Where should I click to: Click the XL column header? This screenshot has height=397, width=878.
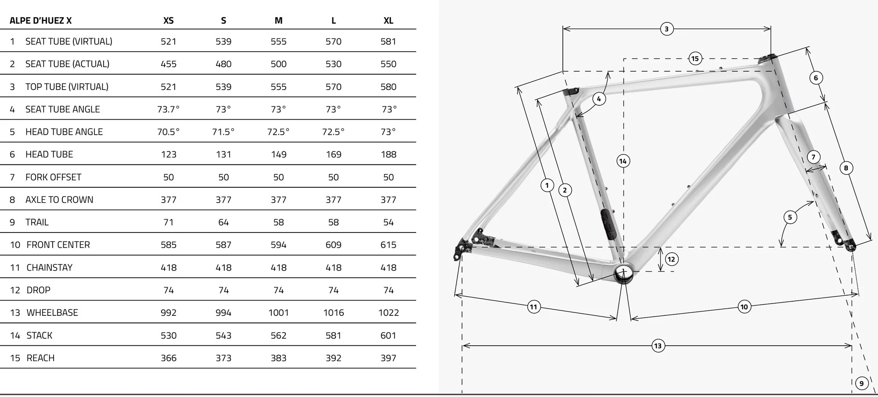pos(388,21)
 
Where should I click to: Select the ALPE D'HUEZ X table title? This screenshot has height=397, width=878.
pos(40,21)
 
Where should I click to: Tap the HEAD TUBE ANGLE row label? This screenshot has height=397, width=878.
pos(64,132)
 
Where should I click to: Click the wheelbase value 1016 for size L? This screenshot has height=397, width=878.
pos(333,313)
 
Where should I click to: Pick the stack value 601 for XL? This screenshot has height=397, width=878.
pos(388,336)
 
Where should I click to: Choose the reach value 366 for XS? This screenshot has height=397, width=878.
pos(169,358)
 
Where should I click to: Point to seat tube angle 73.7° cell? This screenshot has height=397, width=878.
pos(169,109)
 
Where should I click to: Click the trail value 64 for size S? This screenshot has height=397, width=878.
pos(223,222)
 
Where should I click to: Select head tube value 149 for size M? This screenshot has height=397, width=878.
pos(278,154)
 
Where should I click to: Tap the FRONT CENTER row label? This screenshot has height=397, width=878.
pos(58,245)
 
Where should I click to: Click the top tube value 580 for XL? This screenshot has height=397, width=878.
pos(388,87)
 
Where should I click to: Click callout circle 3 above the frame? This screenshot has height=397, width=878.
pos(666,29)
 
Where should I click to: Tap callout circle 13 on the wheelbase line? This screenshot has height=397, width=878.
pos(658,346)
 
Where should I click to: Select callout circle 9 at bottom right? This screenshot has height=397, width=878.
pos(861,383)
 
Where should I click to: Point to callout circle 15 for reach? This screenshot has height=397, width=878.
pos(694,58)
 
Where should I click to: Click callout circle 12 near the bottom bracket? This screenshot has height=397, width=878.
pos(671,259)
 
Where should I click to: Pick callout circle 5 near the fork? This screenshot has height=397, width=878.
pos(790,217)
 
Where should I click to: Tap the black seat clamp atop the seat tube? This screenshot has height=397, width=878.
pos(571,92)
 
